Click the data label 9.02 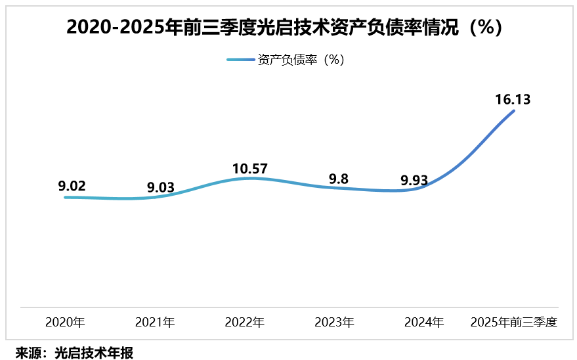(x=72, y=186)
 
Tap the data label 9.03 (x=160, y=187)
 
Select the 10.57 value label (x=249, y=169)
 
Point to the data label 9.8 (x=339, y=178)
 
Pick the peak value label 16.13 (x=512, y=100)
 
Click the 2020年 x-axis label (x=65, y=323)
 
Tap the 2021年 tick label (x=155, y=323)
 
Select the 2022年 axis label (x=244, y=323)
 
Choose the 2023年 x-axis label (x=334, y=323)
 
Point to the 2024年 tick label (x=424, y=323)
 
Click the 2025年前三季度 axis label (x=514, y=323)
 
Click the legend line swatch (x=240, y=60)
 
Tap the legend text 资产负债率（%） (x=301, y=60)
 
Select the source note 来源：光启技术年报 (x=74, y=353)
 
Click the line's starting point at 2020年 (x=65, y=197)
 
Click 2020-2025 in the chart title (x=116, y=27)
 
